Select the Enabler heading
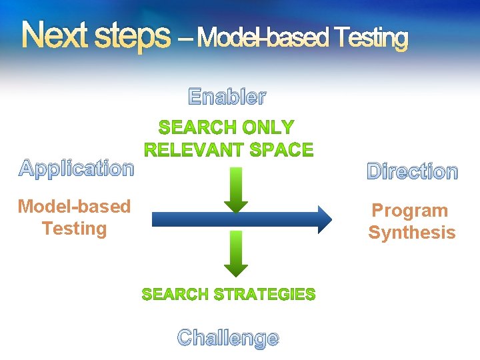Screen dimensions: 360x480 [227, 97]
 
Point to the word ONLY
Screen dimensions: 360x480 [268, 127]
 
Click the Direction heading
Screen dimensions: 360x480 [413, 172]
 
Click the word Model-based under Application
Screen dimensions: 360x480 [74, 207]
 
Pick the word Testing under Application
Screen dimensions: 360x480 [74, 229]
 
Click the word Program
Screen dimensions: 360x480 [410, 211]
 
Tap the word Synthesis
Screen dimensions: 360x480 [412, 233]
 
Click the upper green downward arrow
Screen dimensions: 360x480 [235, 190]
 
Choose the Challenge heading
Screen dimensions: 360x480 [228, 338]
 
